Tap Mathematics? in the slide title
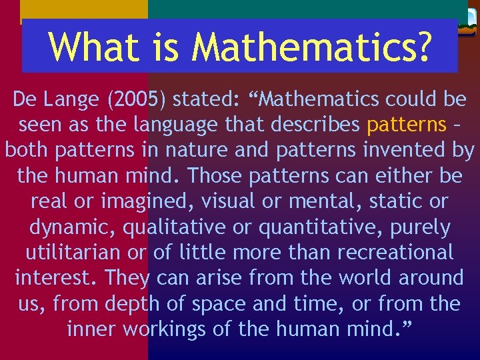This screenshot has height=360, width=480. point(311,46)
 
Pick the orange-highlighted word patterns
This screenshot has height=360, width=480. point(407,125)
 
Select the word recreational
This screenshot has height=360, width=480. point(393,253)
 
